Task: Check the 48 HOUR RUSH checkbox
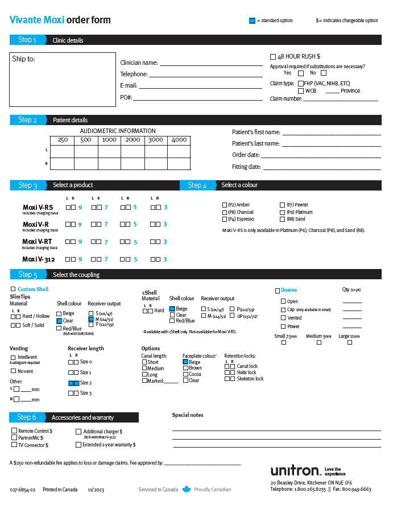pyautogui.click(x=273, y=56)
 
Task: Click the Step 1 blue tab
pyautogui.click(x=27, y=40)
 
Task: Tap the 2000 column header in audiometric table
pyautogui.click(x=133, y=140)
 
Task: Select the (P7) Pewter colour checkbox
pyautogui.click(x=282, y=205)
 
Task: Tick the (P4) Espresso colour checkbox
pyautogui.click(x=224, y=219)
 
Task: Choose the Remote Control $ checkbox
pyautogui.click(x=14, y=431)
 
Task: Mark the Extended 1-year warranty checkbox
pyautogui.click(x=78, y=445)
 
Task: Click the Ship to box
pyautogui.click(x=62, y=80)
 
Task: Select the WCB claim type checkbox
pyautogui.click(x=301, y=91)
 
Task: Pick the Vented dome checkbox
pyautogui.click(x=283, y=318)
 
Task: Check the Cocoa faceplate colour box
pyautogui.click(x=185, y=374)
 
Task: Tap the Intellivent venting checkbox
pyautogui.click(x=13, y=357)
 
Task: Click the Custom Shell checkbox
pyautogui.click(x=13, y=289)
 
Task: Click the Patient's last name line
pyautogui.click(x=331, y=144)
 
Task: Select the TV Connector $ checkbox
pyautogui.click(x=14, y=445)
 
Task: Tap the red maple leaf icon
pyautogui.click(x=187, y=489)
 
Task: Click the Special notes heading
pyautogui.click(x=188, y=415)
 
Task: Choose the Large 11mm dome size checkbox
pyautogui.click(x=349, y=342)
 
